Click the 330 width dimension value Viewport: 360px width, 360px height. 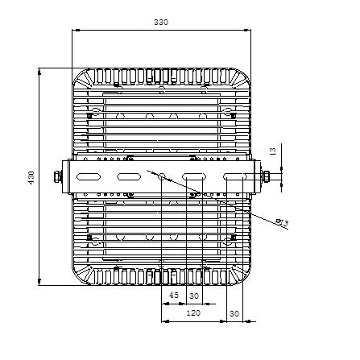[161, 22]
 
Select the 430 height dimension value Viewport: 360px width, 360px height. [31, 177]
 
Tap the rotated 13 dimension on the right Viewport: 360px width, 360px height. [273, 151]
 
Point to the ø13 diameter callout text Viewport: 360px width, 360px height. [283, 222]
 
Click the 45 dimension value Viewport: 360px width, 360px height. [174, 295]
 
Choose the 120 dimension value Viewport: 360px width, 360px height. [193, 312]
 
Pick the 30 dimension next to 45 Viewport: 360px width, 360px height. [194, 296]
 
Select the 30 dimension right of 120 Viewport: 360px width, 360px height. [234, 313]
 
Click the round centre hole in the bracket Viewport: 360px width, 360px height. [162, 176]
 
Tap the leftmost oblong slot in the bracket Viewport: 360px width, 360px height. [89, 176]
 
